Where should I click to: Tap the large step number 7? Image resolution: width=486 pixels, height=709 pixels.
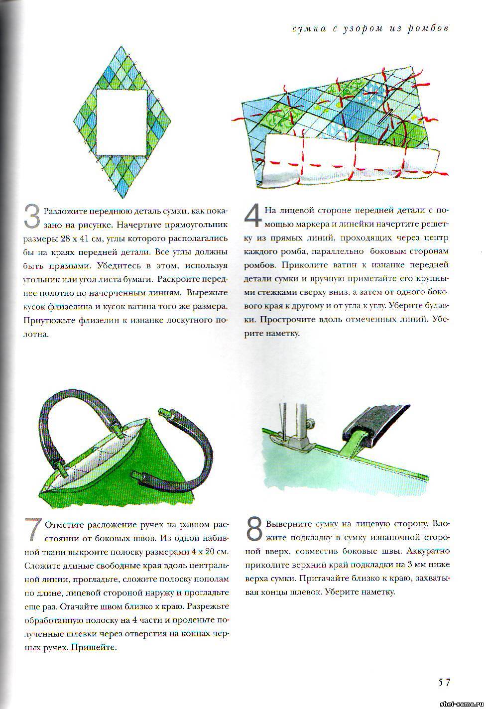point(33,530)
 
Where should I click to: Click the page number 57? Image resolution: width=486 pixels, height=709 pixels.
point(444,682)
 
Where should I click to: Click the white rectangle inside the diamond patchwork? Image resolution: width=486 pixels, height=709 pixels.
point(121,122)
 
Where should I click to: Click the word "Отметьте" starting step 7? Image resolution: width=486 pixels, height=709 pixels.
point(65,525)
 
